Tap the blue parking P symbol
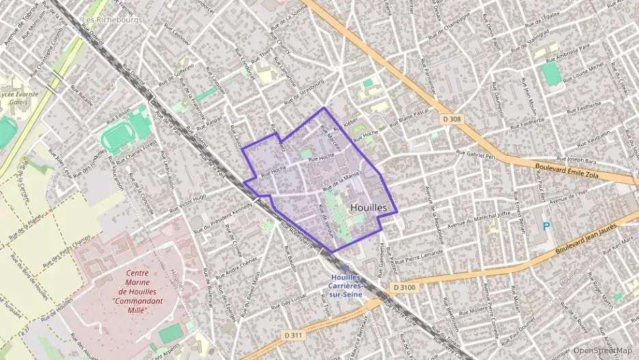pos(545,226)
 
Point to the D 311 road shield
pos(293,335)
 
